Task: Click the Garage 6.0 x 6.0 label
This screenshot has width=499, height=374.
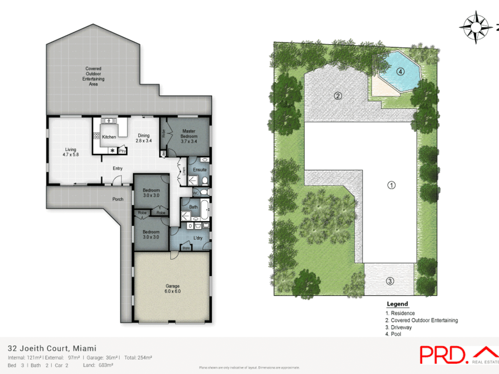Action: [172, 289]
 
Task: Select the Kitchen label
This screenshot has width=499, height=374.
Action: [109, 137]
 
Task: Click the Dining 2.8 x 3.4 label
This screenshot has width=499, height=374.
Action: [143, 138]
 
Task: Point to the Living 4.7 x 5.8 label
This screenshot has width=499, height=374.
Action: [70, 152]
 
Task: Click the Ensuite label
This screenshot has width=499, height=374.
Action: [200, 170]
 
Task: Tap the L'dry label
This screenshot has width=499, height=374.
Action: [198, 238]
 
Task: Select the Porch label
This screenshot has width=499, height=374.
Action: [118, 199]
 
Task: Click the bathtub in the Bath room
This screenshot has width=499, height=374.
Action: [205, 209]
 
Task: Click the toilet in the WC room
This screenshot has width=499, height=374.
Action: [204, 192]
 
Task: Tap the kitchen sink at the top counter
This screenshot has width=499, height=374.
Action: [109, 121]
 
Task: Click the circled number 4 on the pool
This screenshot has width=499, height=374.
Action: [400, 72]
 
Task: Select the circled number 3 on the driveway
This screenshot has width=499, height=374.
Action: [390, 281]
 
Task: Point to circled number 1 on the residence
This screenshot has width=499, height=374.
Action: [391, 185]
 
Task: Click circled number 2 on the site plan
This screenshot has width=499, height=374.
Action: [338, 96]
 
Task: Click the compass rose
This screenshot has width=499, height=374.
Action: [476, 27]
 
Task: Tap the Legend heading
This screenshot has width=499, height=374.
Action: [397, 304]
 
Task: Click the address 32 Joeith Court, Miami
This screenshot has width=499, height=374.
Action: [52, 348]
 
